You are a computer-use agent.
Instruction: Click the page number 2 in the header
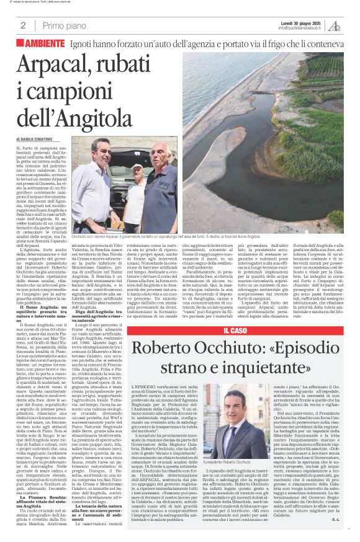23,25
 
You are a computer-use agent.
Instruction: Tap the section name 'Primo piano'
62,25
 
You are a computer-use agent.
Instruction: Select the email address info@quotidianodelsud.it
302,28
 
